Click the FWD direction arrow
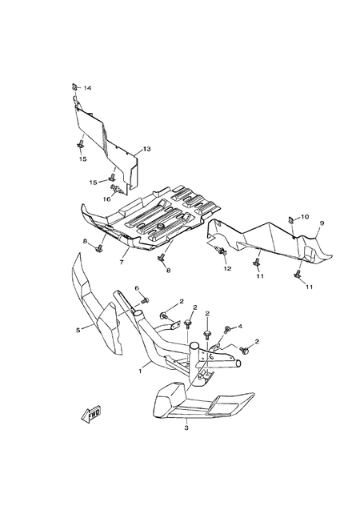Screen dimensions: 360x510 pos(91,413)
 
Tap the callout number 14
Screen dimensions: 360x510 pos(87,88)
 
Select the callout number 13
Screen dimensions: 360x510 pos(146,149)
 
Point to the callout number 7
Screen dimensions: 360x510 pos(122,262)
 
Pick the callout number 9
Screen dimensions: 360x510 pos(322,223)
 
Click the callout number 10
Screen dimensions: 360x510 pos(305,217)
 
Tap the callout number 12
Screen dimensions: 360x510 pos(227,268)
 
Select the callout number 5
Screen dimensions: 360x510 pos(78,331)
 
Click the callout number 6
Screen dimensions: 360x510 pos(137,288)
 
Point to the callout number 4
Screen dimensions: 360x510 pos(240,326)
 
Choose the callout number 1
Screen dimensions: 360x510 pos(140,371)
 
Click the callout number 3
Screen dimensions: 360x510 pos(186,428)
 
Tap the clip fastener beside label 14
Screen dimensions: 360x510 pos(74,87)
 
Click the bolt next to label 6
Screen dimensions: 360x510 pos(146,299)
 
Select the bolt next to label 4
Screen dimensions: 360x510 pos(227,329)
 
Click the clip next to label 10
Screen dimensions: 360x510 pos(291,220)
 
